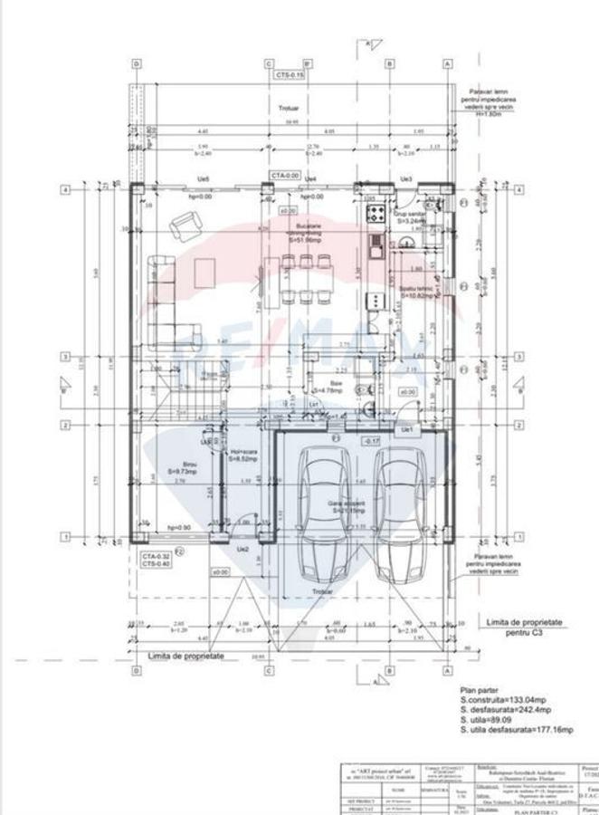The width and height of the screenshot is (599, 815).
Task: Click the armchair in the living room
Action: click(187, 223)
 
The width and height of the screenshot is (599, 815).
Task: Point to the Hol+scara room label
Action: click(243, 456)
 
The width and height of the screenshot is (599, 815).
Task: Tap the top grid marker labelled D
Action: click(137, 64)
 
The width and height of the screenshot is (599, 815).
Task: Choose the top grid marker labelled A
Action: click(447, 64)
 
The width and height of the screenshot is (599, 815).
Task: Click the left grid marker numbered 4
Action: click(64, 190)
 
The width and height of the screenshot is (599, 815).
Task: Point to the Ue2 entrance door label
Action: click(242, 550)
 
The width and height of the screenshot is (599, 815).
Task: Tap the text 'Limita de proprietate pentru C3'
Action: click(525, 628)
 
